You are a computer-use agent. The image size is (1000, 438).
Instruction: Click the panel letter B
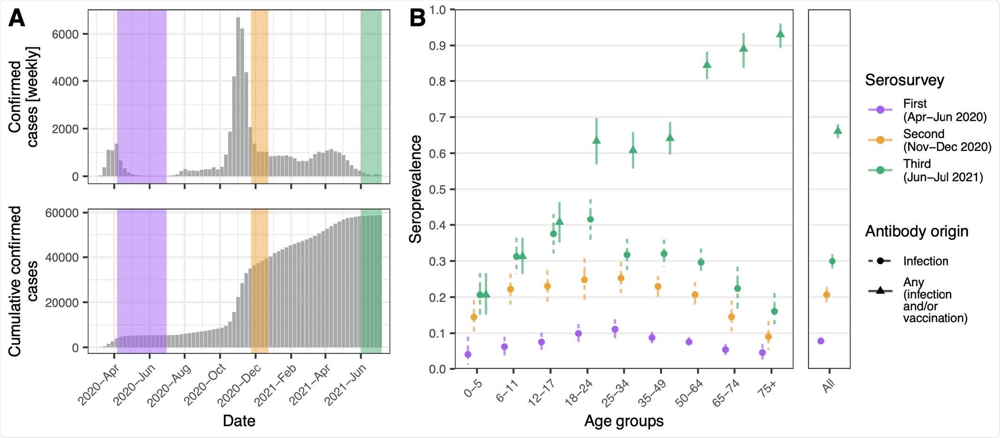tap(417, 19)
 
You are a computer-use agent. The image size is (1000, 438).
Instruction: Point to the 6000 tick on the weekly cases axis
tap(65, 34)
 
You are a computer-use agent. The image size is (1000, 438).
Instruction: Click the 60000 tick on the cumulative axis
tap(62, 213)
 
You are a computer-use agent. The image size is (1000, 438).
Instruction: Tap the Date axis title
tap(239, 421)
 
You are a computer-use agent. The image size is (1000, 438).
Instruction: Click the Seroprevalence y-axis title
tap(415, 189)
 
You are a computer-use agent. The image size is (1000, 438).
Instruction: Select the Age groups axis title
tap(623, 421)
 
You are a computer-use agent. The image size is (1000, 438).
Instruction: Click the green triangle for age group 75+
tap(780, 34)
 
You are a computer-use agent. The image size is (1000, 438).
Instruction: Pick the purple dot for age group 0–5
tap(468, 354)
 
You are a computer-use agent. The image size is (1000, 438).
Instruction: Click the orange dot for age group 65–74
tap(731, 317)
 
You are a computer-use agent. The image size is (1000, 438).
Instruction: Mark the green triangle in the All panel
tap(838, 131)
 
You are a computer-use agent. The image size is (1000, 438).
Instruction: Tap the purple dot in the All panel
tap(821, 341)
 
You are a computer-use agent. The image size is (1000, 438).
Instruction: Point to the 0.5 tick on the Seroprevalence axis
tap(437, 189)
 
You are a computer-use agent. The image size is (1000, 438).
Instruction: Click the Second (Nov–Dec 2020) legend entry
tap(946, 140)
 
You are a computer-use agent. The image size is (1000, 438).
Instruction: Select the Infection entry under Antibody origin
tap(925, 261)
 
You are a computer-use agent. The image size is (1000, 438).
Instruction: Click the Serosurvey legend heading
tap(904, 80)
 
